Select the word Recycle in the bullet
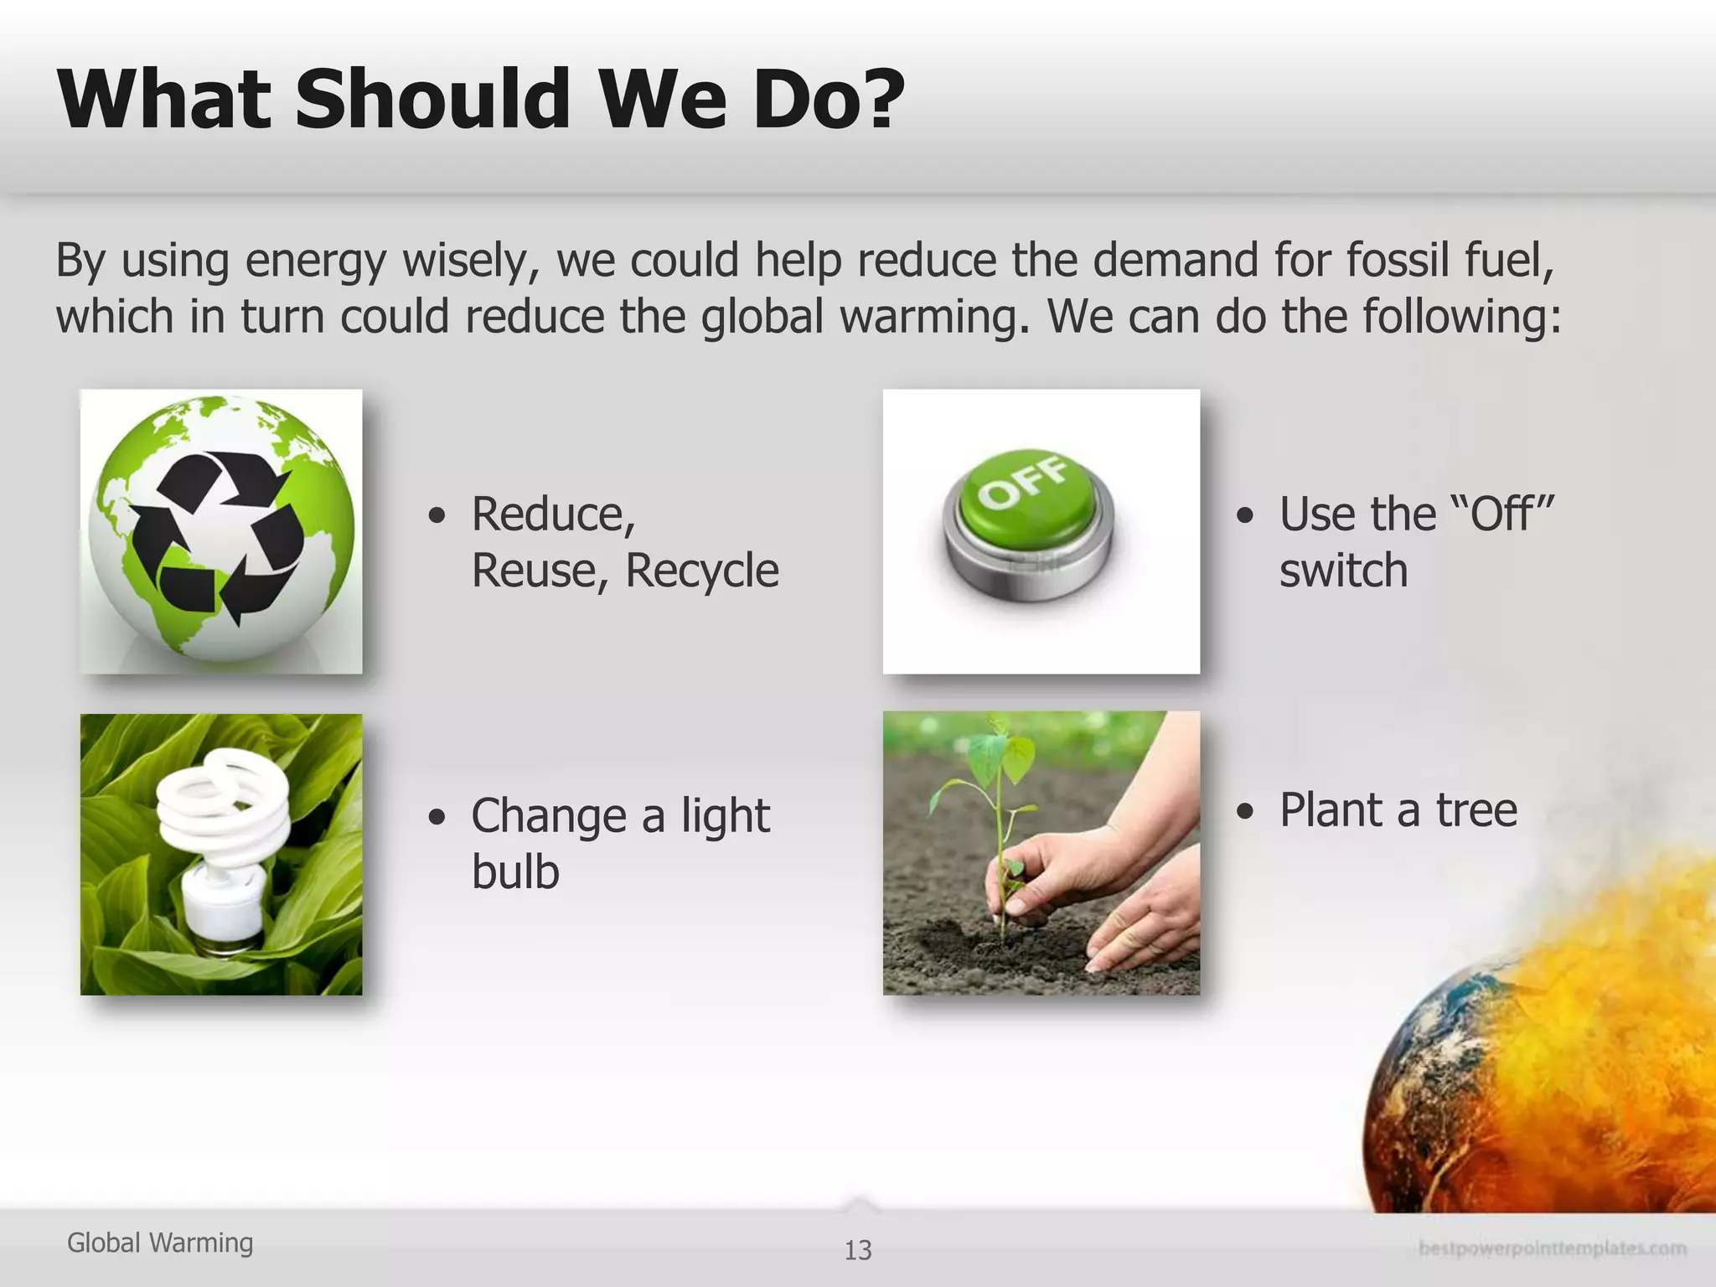click(702, 571)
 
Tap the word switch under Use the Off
click(1343, 571)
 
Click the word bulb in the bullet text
click(515, 871)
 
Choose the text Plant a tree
click(1398, 810)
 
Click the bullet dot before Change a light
click(436, 817)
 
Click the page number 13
click(858, 1250)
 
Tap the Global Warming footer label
click(160, 1243)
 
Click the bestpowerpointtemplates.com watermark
click(1552, 1249)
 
